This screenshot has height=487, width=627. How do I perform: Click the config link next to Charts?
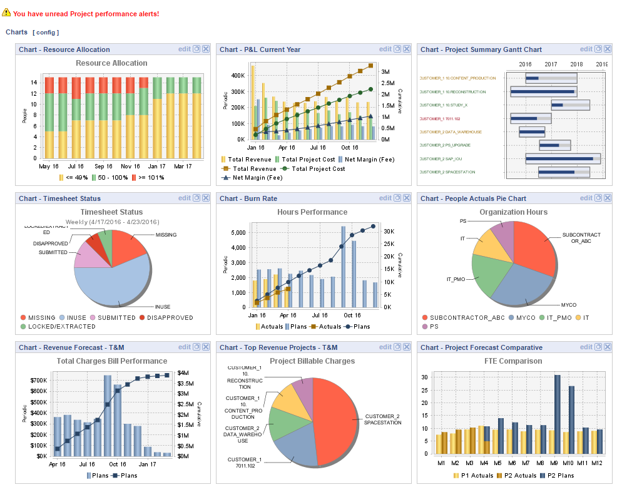46,32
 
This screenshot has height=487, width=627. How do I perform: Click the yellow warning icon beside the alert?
6,13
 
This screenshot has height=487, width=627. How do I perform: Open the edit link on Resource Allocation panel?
184,49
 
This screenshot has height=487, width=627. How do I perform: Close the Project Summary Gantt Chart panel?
607,49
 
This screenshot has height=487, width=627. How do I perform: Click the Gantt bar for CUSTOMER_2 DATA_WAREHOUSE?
532,132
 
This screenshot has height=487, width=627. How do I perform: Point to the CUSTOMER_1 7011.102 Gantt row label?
441,118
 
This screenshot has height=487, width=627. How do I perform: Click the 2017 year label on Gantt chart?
551,64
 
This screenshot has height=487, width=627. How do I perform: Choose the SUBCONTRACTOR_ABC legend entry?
463,317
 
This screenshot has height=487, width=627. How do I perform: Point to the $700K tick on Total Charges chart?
38,381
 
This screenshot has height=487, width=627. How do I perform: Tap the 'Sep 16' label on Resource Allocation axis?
104,167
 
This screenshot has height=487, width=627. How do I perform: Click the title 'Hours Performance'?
312,212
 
